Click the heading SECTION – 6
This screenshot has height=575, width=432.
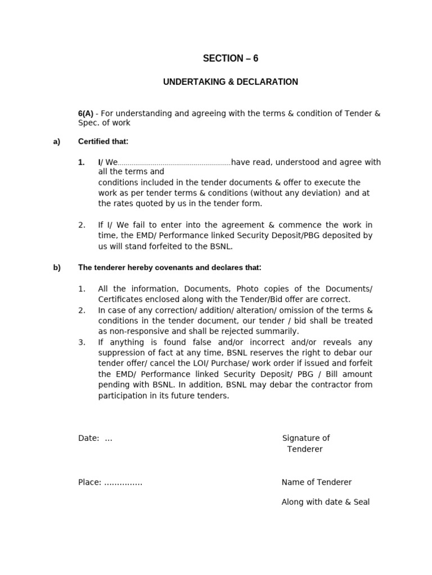(x=231, y=58)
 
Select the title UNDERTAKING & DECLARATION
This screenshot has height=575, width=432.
(x=231, y=82)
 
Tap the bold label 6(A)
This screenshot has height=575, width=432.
(x=85, y=113)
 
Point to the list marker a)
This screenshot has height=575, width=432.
(x=56, y=142)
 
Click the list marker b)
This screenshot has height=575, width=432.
(x=57, y=267)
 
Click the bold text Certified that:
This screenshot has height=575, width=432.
(x=103, y=142)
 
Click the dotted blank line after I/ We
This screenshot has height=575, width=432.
(x=174, y=163)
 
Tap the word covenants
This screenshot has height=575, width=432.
(x=160, y=267)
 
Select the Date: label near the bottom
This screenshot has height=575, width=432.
(x=89, y=438)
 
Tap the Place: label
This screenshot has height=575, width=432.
(x=90, y=482)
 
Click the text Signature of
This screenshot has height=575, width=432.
(x=305, y=438)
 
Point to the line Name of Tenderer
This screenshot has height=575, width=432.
(x=316, y=482)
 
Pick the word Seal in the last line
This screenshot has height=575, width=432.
(x=360, y=502)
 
